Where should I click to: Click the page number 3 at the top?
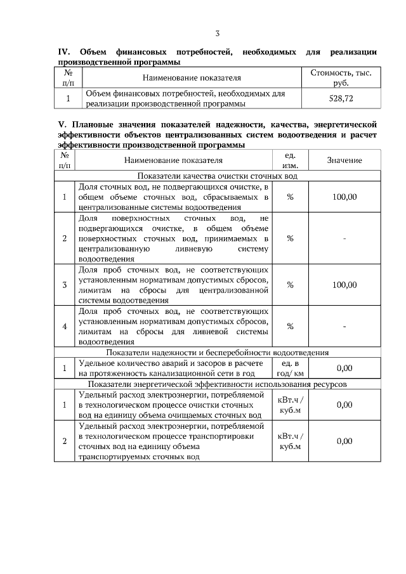[x=217, y=34]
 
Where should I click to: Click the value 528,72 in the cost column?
[x=341, y=99]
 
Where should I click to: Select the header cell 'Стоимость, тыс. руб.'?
[x=341, y=78]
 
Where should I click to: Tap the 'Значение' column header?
[x=344, y=161]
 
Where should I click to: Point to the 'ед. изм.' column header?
[x=290, y=160]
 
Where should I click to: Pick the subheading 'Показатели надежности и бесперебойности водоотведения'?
[x=217, y=352]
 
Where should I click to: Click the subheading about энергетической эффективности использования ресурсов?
[x=217, y=384]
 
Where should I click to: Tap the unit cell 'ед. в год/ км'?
[x=290, y=368]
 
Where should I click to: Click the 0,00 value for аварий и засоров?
[x=344, y=368]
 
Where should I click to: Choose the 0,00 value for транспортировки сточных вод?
[x=344, y=441]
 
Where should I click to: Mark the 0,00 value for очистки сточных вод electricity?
[x=344, y=405]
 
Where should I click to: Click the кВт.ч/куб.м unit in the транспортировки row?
[x=291, y=441]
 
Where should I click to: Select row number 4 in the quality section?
[x=65, y=327]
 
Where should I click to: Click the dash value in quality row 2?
[x=344, y=238]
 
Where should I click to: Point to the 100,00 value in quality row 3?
[x=344, y=285]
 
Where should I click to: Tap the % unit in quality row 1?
[x=290, y=197]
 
